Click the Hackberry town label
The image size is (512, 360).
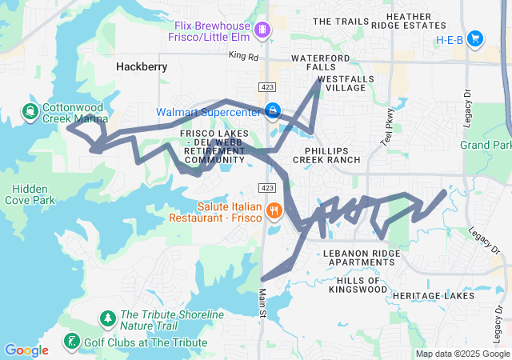pyautogui.click(x=142, y=67)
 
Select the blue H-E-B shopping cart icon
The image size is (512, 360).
pyautogui.click(x=475, y=38)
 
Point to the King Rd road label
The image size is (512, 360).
pyautogui.click(x=243, y=56)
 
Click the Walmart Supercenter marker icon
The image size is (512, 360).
pyautogui.click(x=274, y=110)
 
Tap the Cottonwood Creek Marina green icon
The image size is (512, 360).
pyautogui.click(x=30, y=110)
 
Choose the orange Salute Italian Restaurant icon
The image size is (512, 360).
pyautogui.click(x=274, y=211)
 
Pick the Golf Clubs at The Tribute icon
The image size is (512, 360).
pyautogui.click(x=71, y=342)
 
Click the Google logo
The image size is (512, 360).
pyautogui.click(x=26, y=350)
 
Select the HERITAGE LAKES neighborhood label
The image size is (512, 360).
pyautogui.click(x=433, y=296)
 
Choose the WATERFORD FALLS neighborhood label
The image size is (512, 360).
pyautogui.click(x=320, y=62)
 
